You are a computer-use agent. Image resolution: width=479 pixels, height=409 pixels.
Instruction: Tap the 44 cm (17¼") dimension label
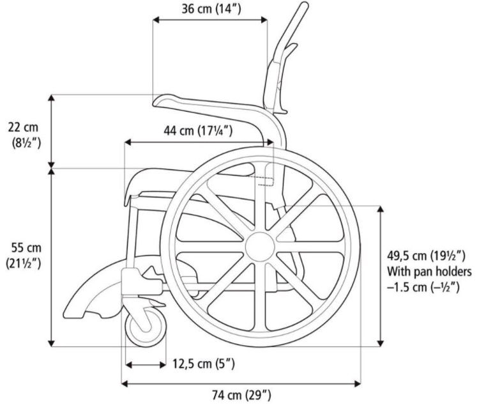coord(197,131)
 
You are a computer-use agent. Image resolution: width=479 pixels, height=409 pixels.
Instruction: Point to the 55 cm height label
coord(26,254)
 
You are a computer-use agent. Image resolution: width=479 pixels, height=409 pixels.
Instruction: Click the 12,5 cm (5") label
coord(204,364)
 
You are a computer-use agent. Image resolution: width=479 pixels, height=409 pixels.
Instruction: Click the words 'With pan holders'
coord(429,272)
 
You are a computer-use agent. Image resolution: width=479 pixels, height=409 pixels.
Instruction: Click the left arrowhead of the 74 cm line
coord(125,383)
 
